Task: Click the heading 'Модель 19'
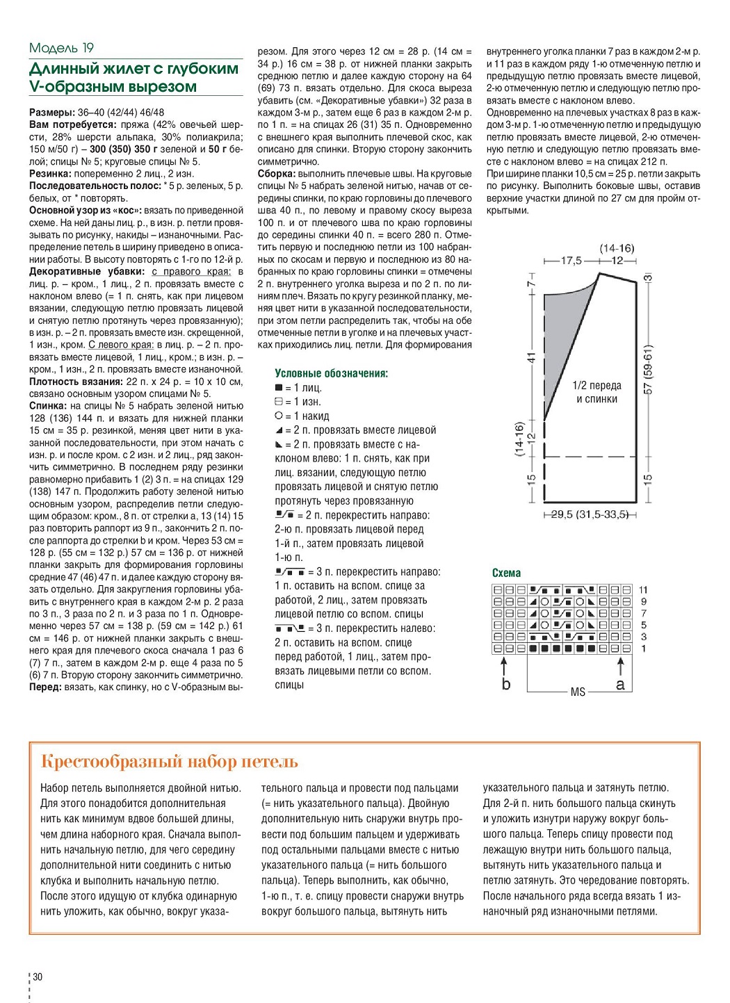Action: coord(61,48)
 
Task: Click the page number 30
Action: coord(38,977)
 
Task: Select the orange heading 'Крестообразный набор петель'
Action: coord(170,762)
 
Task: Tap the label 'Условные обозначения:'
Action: coord(332,373)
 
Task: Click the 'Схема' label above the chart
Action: coord(506,573)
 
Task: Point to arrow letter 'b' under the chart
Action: coord(506,684)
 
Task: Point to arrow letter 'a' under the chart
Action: coord(620,685)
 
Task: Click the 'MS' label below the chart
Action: coord(578,692)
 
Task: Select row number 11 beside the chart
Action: coord(644,590)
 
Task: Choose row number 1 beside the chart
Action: coord(644,649)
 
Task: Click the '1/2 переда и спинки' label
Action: coord(597,392)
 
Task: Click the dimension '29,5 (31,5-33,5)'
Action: coord(590,515)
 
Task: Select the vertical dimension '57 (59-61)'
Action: coord(648,369)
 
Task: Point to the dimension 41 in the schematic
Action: coord(532,357)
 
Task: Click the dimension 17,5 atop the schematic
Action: coord(571,261)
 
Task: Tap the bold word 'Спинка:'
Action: coord(48,406)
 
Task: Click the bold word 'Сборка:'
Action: coord(277,174)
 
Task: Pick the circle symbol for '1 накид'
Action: coord(279,416)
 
